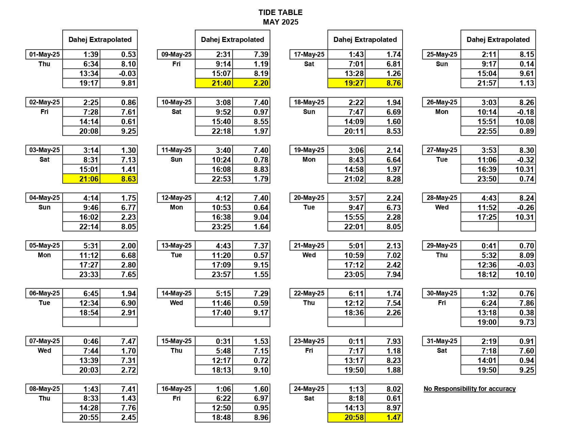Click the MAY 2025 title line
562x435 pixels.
pyautogui.click(x=280, y=22)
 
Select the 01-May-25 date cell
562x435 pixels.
pyautogui.click(x=44, y=55)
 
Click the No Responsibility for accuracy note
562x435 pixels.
pyautogui.click(x=469, y=389)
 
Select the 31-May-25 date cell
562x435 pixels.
pyautogui.click(x=442, y=341)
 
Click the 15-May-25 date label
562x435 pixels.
pyautogui.click(x=176, y=341)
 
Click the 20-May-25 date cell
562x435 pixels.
pyautogui.click(x=309, y=198)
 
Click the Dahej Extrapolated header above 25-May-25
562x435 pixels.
pyautogui.click(x=498, y=40)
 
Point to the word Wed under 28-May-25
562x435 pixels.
pyautogui.click(x=442, y=207)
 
